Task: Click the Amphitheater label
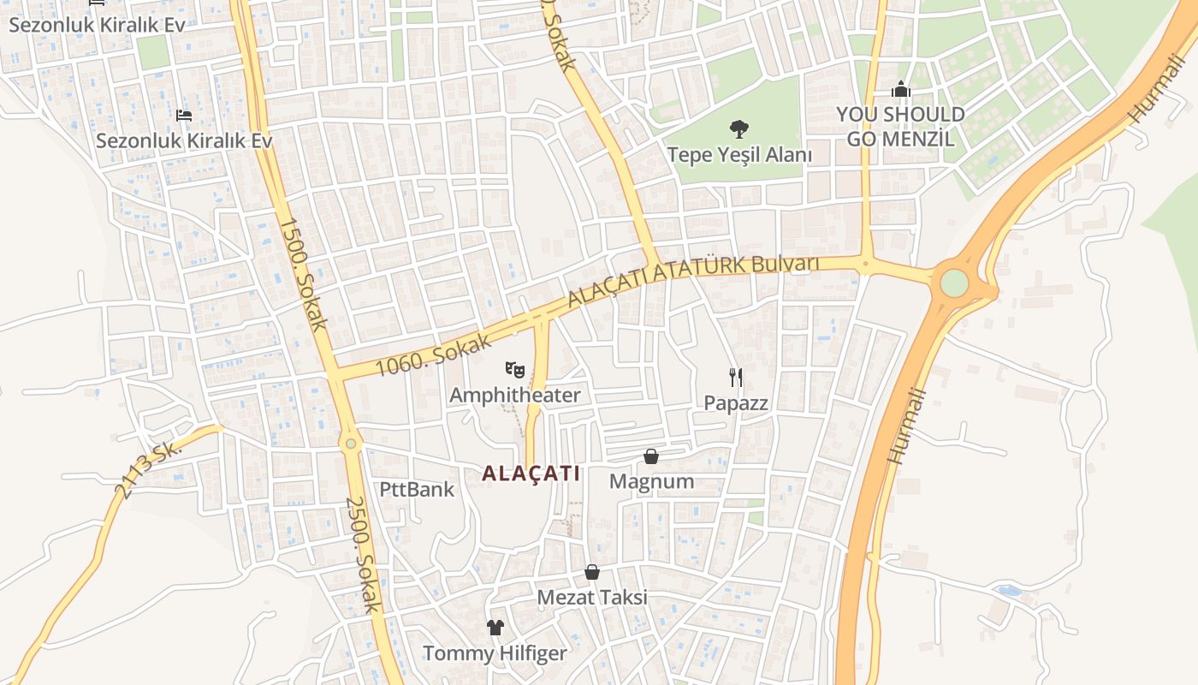click(514, 395)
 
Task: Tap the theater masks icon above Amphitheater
click(514, 370)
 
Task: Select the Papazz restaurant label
click(736, 402)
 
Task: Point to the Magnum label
click(651, 481)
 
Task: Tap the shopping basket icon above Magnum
click(651, 456)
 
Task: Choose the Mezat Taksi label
click(592, 597)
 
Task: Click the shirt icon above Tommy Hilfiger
click(495, 628)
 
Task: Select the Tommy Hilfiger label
click(495, 653)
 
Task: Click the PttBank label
click(417, 490)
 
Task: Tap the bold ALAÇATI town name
click(531, 474)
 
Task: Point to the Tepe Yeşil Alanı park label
click(739, 155)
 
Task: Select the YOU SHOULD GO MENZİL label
click(900, 126)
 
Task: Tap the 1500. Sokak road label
click(304, 274)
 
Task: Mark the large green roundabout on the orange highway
click(953, 283)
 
